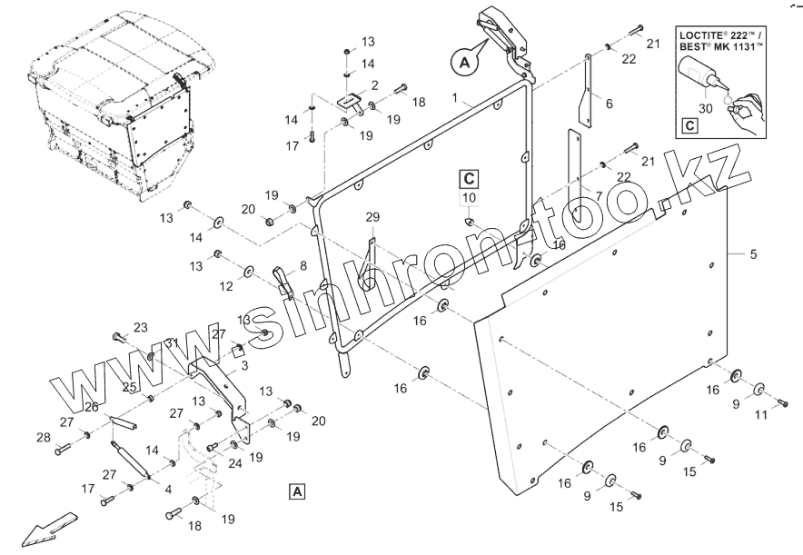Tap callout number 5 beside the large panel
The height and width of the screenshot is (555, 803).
tap(753, 254)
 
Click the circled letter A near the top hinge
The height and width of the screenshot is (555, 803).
tap(462, 62)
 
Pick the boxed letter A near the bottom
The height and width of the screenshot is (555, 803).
tap(298, 491)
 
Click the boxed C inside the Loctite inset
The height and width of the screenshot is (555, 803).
tap(690, 127)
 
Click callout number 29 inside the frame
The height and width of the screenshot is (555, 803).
tap(372, 217)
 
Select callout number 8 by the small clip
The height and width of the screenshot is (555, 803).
tap(302, 265)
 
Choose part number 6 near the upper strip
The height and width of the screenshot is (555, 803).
tap(609, 104)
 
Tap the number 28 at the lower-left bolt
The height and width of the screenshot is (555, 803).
tap(43, 438)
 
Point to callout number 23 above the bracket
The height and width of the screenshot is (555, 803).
tap(140, 327)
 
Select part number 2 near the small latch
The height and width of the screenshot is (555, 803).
tap(373, 84)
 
